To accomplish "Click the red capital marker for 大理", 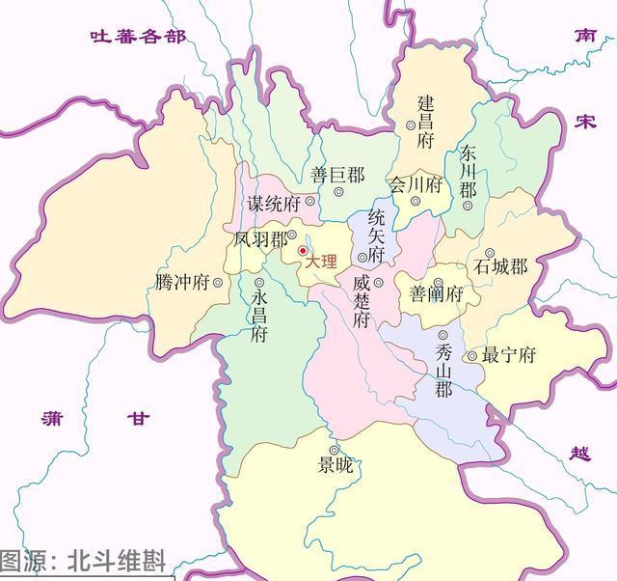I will (x=302, y=251).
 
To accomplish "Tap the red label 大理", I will (x=321, y=262).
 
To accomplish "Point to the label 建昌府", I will (x=426, y=121).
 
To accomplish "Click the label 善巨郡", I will (x=337, y=176).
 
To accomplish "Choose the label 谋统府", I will (x=274, y=203).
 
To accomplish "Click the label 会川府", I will (x=415, y=183).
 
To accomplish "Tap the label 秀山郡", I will (x=443, y=371).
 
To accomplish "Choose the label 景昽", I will (x=335, y=466).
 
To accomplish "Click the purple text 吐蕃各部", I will (x=136, y=37).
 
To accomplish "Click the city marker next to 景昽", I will (x=334, y=450).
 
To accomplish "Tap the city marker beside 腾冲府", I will (x=219, y=283).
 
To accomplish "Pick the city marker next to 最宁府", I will (x=471, y=356).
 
